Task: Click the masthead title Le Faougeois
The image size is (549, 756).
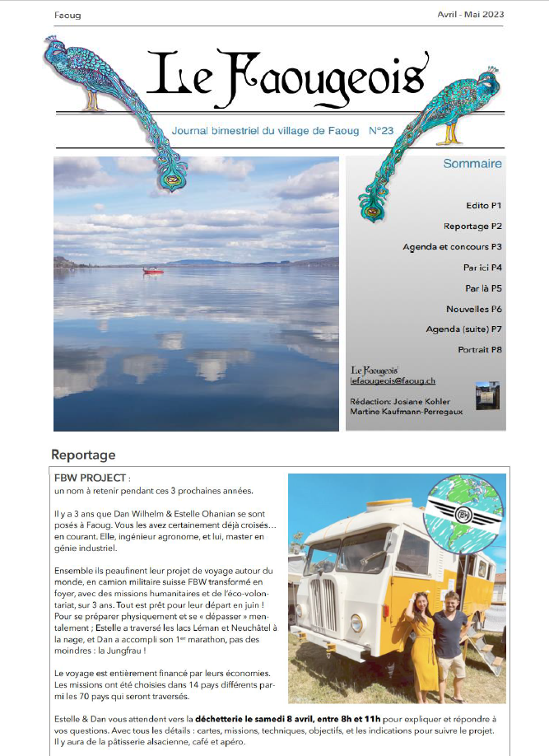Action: point(286,74)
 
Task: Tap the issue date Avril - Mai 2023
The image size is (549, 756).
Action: point(471,14)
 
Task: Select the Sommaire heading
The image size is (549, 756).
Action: point(472,164)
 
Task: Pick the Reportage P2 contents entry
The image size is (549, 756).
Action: point(472,226)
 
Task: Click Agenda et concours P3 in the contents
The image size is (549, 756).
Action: point(453,246)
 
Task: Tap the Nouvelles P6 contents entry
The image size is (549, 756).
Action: point(474,309)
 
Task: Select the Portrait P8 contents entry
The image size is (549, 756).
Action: point(480,350)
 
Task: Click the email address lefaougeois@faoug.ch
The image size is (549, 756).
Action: point(393,380)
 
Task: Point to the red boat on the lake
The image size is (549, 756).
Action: point(153,270)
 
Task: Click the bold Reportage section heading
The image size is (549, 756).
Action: point(83,455)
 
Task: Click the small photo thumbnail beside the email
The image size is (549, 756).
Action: point(487,394)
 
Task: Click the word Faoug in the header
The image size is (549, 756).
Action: point(67,15)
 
